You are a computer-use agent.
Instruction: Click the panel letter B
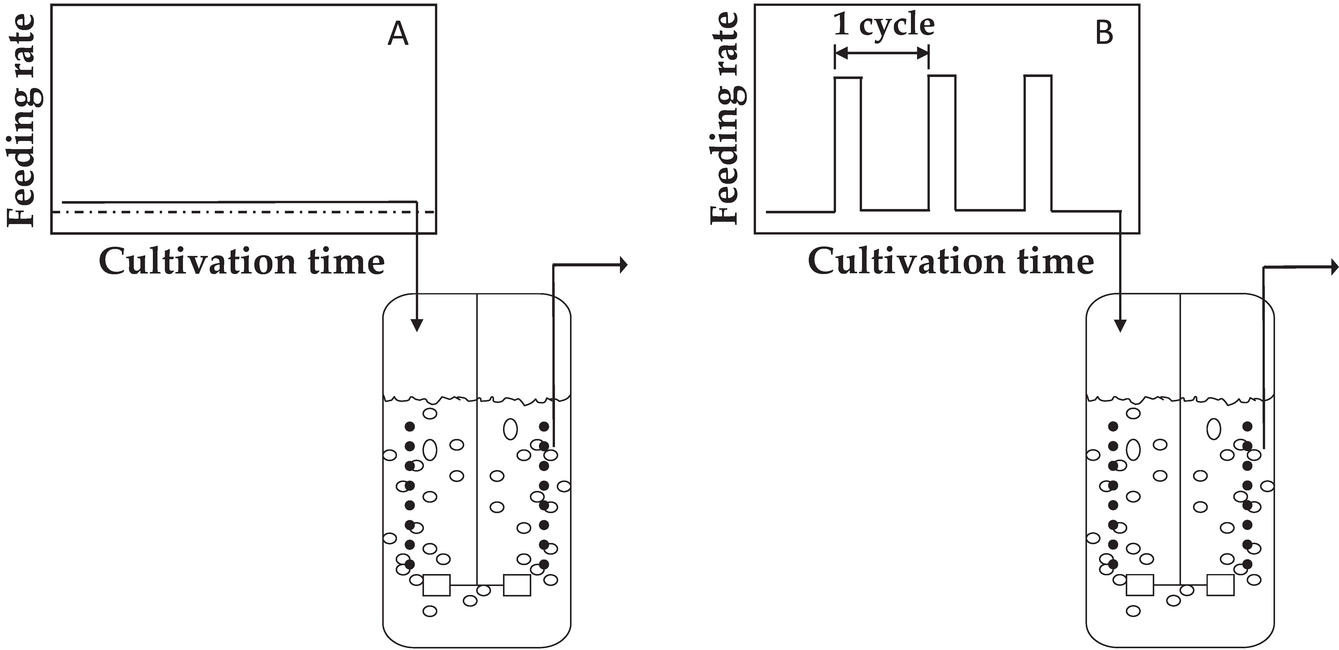click(x=1104, y=33)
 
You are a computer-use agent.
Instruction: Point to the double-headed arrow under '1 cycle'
click(x=882, y=53)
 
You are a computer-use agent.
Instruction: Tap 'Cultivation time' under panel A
click(x=242, y=262)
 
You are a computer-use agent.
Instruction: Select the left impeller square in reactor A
click(x=437, y=585)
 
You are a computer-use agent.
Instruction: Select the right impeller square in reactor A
click(x=517, y=585)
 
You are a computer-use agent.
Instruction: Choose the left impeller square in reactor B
click(x=1140, y=585)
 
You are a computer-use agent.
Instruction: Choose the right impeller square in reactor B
click(x=1221, y=585)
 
